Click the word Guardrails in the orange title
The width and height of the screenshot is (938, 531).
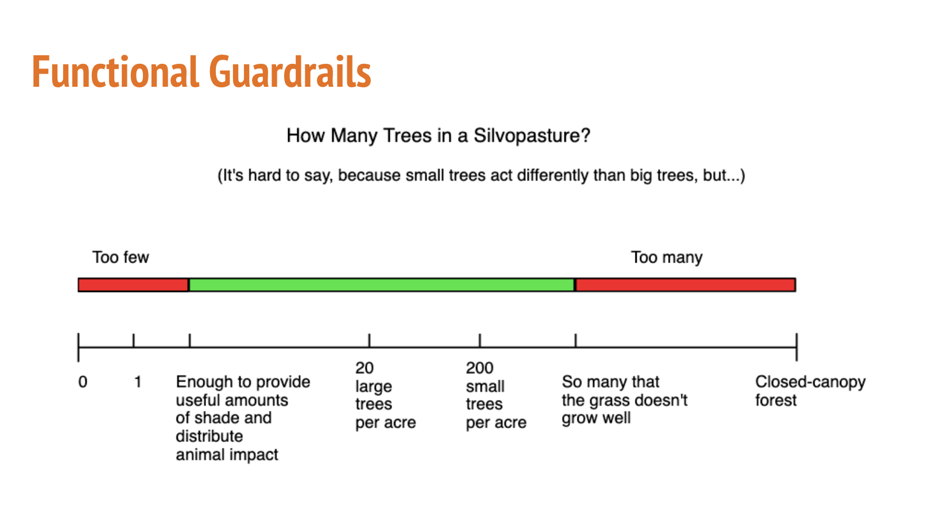290,72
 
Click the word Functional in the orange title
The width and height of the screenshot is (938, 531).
115,72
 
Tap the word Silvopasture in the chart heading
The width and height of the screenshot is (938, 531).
532,136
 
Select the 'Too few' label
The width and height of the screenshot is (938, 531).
121,257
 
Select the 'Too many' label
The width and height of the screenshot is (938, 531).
666,257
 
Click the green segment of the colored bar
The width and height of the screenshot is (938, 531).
382,285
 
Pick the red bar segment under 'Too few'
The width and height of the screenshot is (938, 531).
133,285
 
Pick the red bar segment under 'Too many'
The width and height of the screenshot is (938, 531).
685,285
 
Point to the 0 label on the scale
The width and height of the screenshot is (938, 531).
83,382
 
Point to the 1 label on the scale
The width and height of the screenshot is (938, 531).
138,382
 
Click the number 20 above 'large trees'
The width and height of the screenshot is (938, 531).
365,368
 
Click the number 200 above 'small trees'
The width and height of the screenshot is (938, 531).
479,368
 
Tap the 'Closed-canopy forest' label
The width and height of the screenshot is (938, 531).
811,391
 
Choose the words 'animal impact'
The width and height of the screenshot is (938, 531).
227,455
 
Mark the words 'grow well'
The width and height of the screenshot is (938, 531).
596,418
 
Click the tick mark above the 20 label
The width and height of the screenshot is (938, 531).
369,340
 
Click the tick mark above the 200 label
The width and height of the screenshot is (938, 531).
480,340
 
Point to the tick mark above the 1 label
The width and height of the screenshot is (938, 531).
134,340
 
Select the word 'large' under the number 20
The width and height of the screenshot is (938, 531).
374,387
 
